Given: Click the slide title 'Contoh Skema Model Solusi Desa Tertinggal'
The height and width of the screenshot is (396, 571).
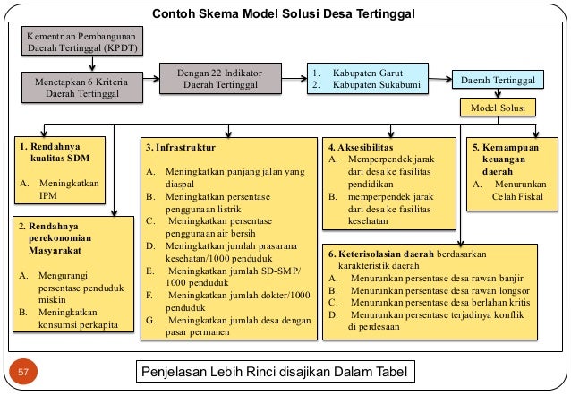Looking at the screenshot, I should tap(285, 13).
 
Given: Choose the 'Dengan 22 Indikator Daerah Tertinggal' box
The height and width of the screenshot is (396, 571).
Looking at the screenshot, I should tap(218, 78).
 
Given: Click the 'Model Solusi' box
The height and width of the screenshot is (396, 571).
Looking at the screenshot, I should tap(497, 108).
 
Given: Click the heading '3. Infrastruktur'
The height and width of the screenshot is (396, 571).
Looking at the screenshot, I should tap(179, 145).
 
